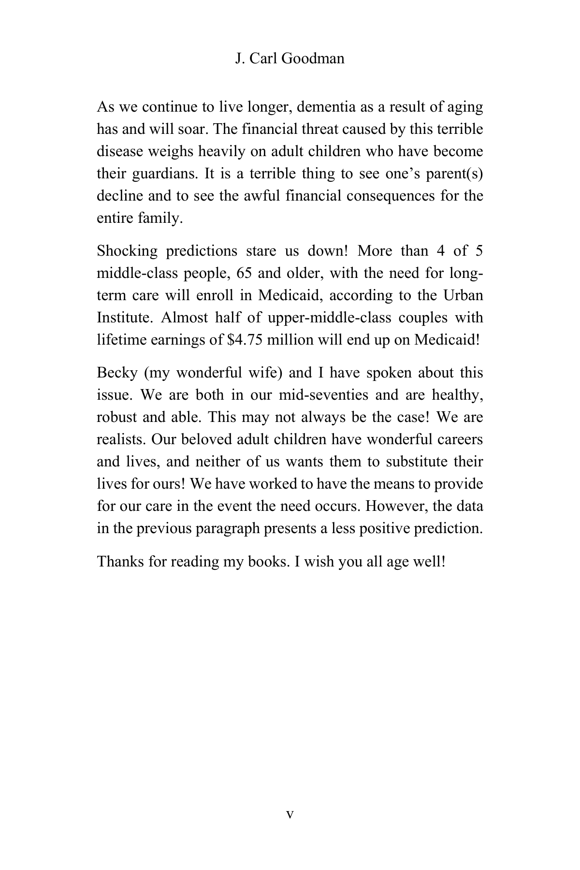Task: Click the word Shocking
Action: coord(127,251)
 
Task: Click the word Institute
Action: coord(125,318)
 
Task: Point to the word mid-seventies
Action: coord(324,395)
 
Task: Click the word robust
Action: coord(117,417)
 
